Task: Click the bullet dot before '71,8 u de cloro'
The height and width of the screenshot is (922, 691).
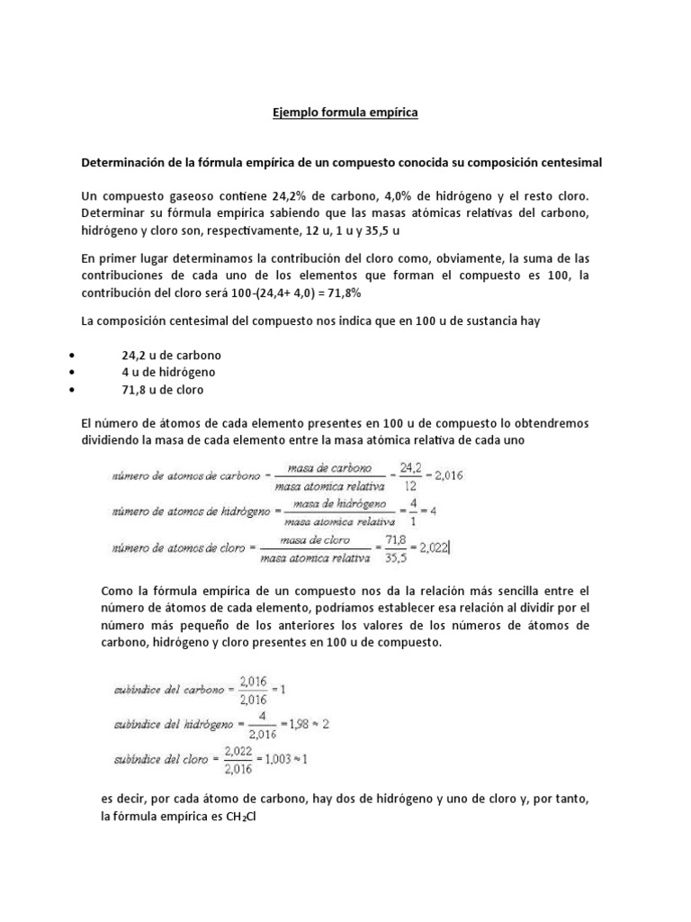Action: pos(71,389)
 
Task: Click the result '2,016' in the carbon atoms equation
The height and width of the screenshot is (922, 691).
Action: pos(446,475)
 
